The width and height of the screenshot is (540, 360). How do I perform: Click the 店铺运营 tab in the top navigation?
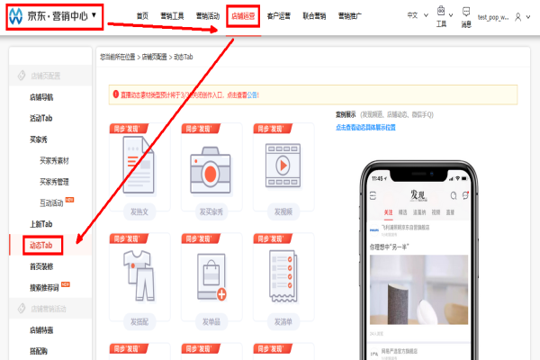click(x=243, y=15)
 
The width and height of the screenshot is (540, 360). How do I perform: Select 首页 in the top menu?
click(x=142, y=15)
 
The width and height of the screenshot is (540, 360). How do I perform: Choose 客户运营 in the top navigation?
click(x=279, y=15)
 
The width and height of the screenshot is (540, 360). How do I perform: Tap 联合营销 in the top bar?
click(x=314, y=15)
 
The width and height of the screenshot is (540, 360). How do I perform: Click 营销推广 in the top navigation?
click(x=350, y=15)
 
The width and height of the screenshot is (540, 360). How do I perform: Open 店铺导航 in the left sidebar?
click(x=42, y=96)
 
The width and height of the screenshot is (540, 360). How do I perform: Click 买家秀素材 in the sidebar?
click(x=55, y=160)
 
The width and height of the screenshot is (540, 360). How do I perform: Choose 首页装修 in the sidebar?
click(x=42, y=265)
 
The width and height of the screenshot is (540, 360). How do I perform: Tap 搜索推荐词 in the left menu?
click(x=45, y=287)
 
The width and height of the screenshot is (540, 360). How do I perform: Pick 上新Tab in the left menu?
click(x=42, y=223)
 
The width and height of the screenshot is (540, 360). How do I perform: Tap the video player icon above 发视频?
click(x=282, y=166)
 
